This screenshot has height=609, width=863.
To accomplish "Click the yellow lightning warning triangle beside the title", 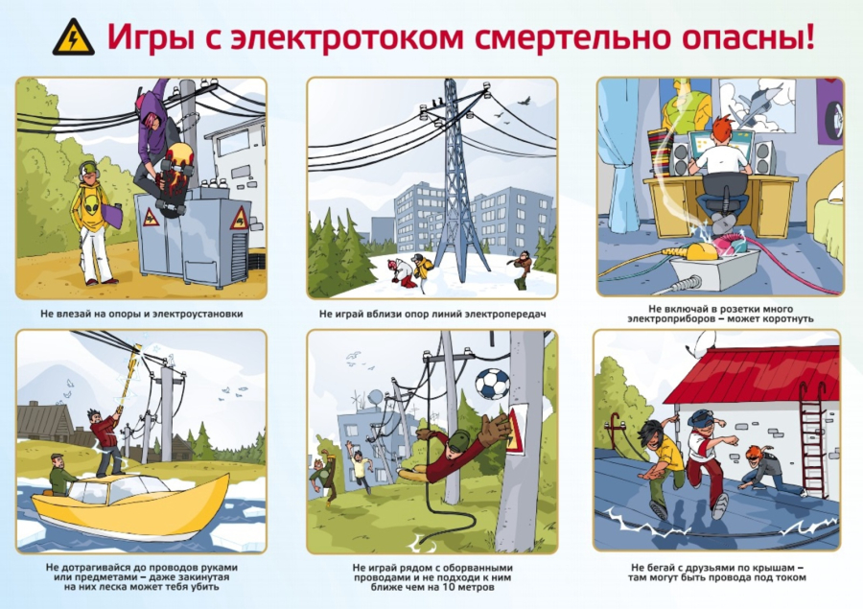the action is tap(73, 37).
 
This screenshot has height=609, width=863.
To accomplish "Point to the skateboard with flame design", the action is tap(174, 179).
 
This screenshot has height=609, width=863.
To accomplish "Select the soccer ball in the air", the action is tap(492, 384).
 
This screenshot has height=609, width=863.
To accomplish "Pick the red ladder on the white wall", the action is tap(811, 439).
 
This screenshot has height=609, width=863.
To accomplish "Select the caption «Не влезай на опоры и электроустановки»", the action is tap(142, 314).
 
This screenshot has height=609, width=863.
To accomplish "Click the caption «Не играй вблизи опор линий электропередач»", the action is tap(432, 314).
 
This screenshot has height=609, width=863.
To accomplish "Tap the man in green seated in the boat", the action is tap(62, 475).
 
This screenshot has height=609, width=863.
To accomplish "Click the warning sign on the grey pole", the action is tap(517, 429).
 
